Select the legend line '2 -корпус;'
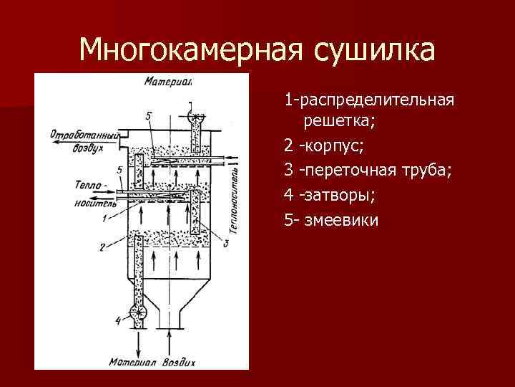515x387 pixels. [x=323, y=146]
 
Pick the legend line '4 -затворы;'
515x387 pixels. [x=328, y=195]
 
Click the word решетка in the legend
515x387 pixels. [x=339, y=121]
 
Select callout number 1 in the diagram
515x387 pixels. [x=104, y=216]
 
